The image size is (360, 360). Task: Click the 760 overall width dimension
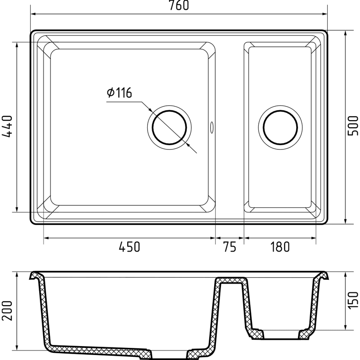[179, 5]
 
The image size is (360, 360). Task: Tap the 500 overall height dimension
[353, 126]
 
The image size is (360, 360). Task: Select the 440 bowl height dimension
[7, 126]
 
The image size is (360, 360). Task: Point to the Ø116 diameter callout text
[119, 93]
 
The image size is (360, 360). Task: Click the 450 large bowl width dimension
[129, 247]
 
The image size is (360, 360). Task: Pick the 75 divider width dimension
[229, 247]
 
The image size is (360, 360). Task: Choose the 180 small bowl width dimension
[280, 247]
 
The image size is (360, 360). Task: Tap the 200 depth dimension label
[7, 310]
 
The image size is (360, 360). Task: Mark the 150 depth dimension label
[353, 300]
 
